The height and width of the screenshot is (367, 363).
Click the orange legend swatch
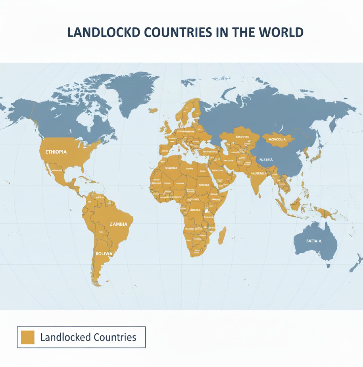(27, 337)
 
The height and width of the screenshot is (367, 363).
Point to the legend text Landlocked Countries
(88, 337)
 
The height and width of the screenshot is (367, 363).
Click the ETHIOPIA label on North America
(56, 152)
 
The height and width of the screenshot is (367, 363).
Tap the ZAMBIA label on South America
(118, 224)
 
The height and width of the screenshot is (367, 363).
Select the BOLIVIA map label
(104, 254)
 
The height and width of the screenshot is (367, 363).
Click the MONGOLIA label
(277, 139)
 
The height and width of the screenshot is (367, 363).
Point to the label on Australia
(314, 241)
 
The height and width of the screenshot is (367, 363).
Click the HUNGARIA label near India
(259, 173)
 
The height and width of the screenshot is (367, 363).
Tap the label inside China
(266, 160)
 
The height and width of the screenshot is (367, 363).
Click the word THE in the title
(244, 33)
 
